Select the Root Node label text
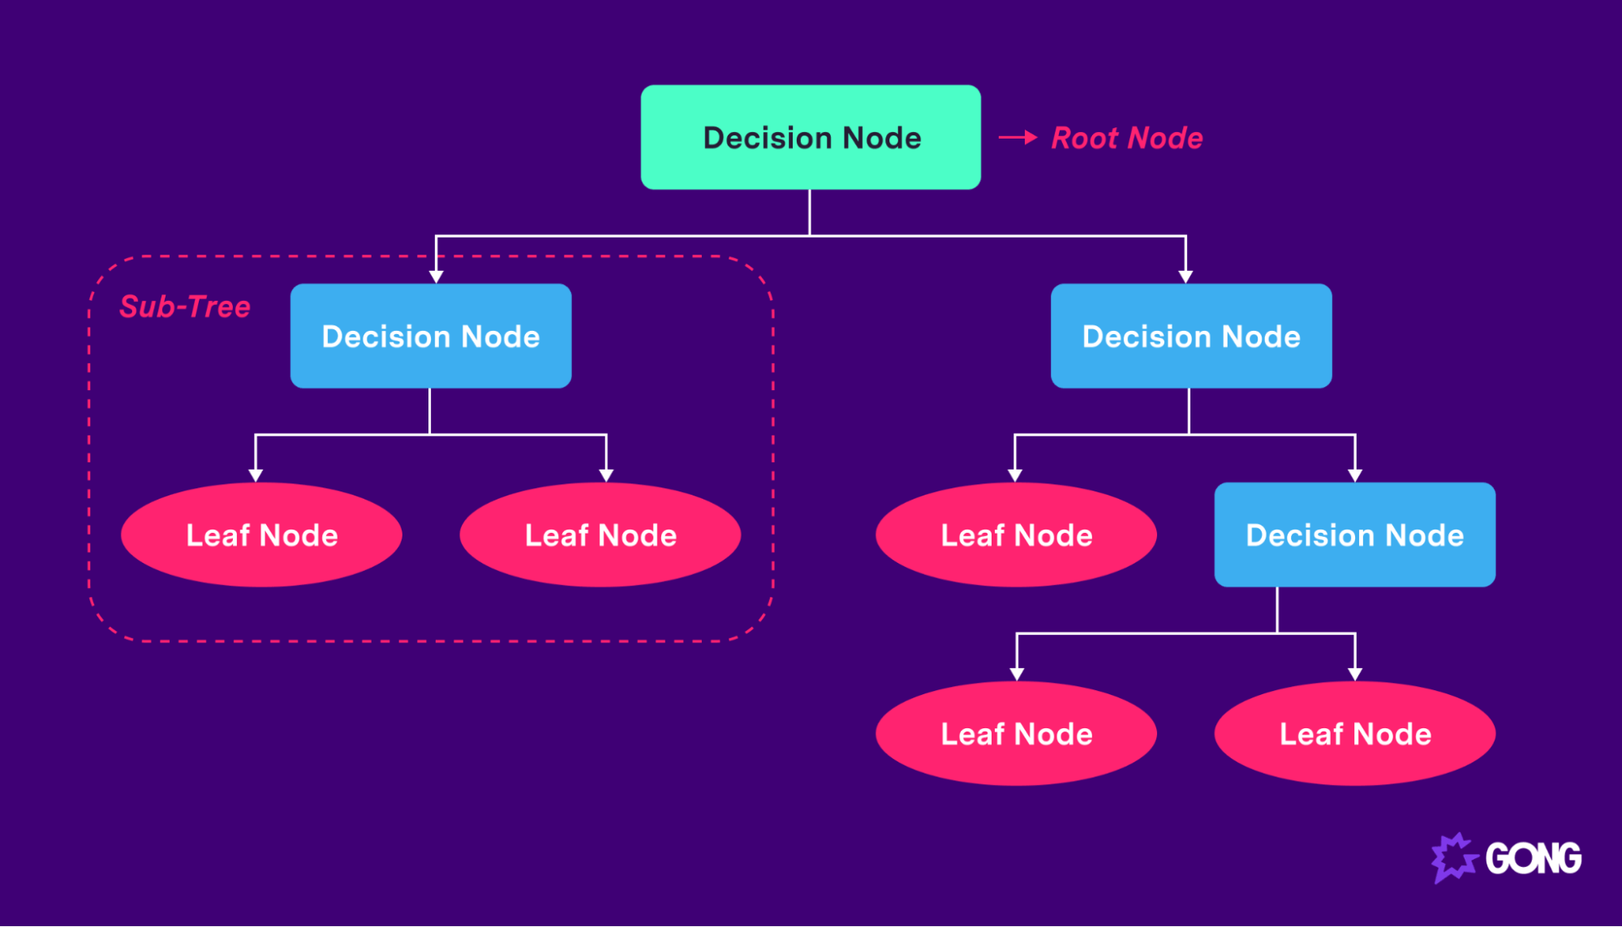coord(1126,138)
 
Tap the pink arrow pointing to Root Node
coord(1018,138)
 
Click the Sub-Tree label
coord(184,307)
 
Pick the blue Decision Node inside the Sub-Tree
coord(430,336)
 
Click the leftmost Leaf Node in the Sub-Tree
coord(261,534)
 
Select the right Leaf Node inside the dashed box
coord(600,534)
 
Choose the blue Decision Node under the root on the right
coord(1190,336)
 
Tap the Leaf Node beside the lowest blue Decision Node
coord(1016,534)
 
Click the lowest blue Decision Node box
coord(1354,534)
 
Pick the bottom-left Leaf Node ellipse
coord(1016,733)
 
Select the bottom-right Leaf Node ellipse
coord(1354,733)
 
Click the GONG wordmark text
coord(1533,858)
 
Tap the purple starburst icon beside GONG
coord(1453,857)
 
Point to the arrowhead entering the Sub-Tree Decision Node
coord(437,277)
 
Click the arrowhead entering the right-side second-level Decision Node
coord(1185,277)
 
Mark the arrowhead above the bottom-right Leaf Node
coord(1354,674)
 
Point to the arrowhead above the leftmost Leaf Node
coord(256,475)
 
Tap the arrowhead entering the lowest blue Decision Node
coord(1354,475)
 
